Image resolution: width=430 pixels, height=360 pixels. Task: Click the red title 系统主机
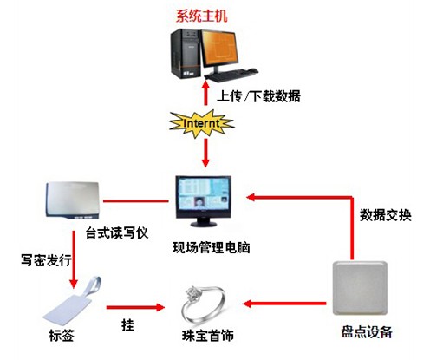click(202, 16)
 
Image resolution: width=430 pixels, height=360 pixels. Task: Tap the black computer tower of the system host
click(186, 53)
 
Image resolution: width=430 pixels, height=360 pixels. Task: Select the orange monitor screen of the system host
click(220, 47)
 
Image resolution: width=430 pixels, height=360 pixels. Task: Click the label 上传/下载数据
click(258, 96)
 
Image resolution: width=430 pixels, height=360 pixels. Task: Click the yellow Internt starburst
click(201, 124)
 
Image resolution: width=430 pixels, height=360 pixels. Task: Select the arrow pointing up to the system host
click(205, 93)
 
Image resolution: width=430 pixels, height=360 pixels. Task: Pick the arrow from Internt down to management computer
click(205, 153)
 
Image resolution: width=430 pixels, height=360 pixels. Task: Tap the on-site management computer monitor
click(204, 200)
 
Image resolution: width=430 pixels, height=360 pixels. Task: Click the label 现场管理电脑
click(211, 247)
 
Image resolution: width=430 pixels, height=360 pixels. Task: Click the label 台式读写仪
click(117, 232)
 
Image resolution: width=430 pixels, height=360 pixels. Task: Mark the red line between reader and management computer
click(136, 200)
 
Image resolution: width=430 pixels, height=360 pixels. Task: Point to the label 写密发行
click(46, 260)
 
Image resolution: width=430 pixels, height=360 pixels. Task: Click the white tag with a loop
click(72, 301)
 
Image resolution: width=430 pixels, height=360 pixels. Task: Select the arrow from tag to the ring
click(135, 307)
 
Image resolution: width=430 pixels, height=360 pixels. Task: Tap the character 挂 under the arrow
click(127, 325)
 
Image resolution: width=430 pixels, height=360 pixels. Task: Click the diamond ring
click(203, 304)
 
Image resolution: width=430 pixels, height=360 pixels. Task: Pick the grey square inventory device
click(360, 288)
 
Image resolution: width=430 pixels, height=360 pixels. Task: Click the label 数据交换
click(385, 215)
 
